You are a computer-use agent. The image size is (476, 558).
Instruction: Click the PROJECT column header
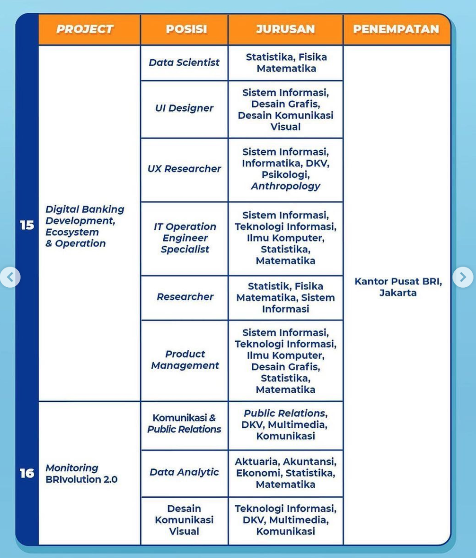85,29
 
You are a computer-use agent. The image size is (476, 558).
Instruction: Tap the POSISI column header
186,29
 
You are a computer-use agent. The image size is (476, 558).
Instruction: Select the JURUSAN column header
285,29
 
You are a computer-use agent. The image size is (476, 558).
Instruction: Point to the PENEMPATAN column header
396,29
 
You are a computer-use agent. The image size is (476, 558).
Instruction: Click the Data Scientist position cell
184,63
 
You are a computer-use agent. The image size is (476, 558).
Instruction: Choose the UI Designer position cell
184,108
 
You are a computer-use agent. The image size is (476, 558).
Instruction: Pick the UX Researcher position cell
184,169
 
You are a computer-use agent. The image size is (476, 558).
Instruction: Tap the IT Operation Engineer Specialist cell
185,238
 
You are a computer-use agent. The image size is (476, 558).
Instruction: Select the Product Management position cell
185,359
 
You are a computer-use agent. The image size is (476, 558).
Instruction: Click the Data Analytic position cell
184,472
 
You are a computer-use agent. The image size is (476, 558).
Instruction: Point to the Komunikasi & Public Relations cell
184,424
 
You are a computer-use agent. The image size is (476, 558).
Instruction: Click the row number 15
27,225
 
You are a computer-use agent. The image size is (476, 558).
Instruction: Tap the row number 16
27,473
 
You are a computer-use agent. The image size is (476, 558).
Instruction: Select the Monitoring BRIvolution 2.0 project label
81,474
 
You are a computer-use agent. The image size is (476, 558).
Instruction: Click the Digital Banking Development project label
85,226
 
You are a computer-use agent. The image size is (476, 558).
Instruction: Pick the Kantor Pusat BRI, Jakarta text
398,287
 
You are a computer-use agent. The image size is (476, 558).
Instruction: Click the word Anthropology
285,186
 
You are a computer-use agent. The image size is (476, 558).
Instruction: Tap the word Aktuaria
256,462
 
